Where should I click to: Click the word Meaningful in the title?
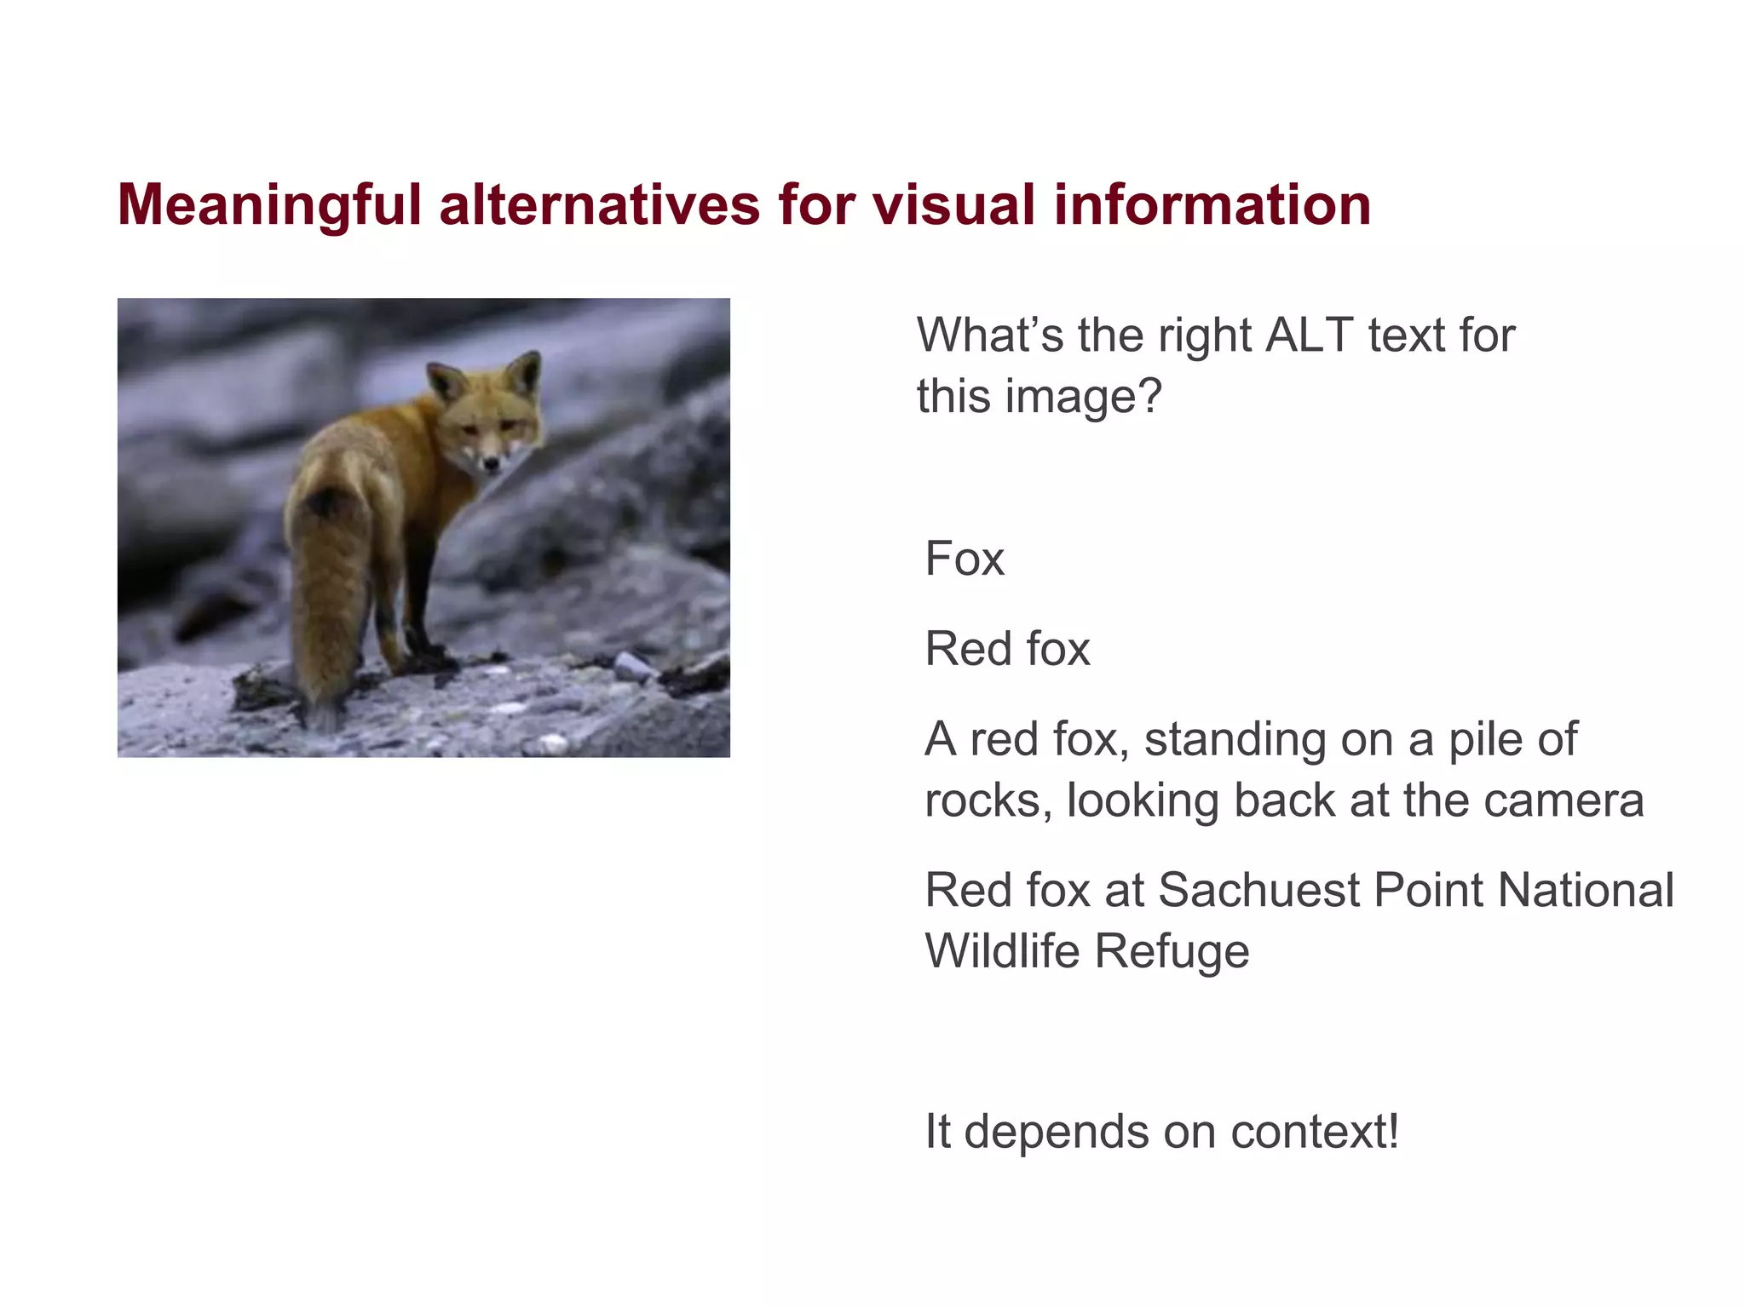pyautogui.click(x=269, y=206)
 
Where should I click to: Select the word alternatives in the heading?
pyautogui.click(x=599, y=206)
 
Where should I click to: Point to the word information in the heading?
pyautogui.click(x=1212, y=206)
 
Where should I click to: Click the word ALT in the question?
pyautogui.click(x=1310, y=335)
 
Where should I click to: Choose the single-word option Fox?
pyautogui.click(x=965, y=559)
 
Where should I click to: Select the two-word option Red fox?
pyautogui.click(x=1007, y=649)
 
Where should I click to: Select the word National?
pyautogui.click(x=1586, y=891)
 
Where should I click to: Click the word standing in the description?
pyautogui.click(x=1235, y=739)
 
